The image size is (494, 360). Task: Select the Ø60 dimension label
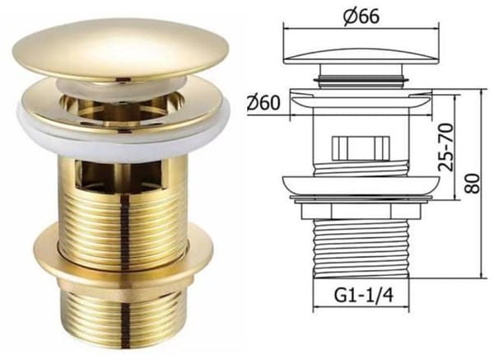coord(263,102)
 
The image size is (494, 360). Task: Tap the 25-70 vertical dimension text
coord(446,147)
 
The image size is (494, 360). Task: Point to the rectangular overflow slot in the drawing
coord(361,147)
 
